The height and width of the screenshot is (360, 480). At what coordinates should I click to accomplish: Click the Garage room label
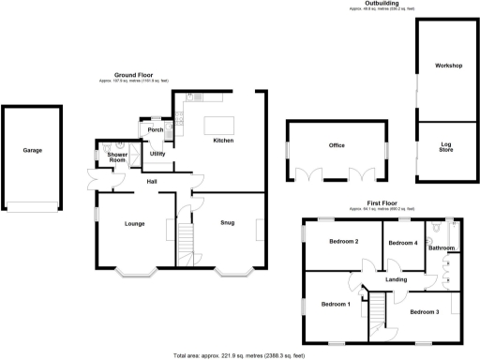coord(33,150)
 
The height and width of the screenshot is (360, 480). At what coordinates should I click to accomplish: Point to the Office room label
coord(337,145)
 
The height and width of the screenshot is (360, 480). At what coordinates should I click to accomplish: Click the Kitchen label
coord(223,141)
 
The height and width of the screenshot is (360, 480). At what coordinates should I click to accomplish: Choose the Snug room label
coord(228,222)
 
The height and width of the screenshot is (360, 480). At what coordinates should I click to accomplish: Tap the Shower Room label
coord(117,157)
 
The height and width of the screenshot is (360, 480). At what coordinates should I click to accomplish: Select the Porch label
coord(155,129)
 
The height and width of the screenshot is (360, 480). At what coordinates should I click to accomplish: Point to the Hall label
coord(151,180)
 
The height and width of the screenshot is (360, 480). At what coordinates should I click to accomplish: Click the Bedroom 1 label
coord(336,304)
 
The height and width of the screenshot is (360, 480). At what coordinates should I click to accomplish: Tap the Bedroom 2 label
coord(343,242)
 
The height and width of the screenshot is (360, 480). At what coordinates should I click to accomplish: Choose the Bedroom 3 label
coord(425,310)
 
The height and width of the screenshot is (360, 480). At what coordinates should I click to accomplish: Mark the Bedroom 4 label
coord(402,243)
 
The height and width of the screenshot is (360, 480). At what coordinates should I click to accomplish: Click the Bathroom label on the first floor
coord(442,247)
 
